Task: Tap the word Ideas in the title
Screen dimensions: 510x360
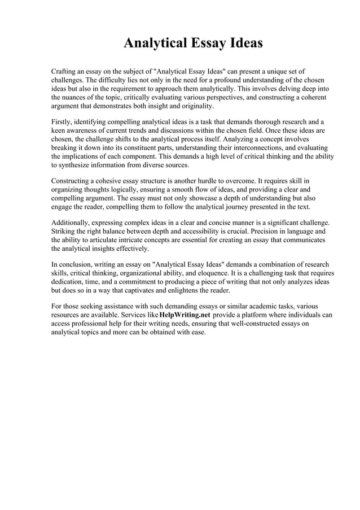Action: (x=243, y=43)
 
